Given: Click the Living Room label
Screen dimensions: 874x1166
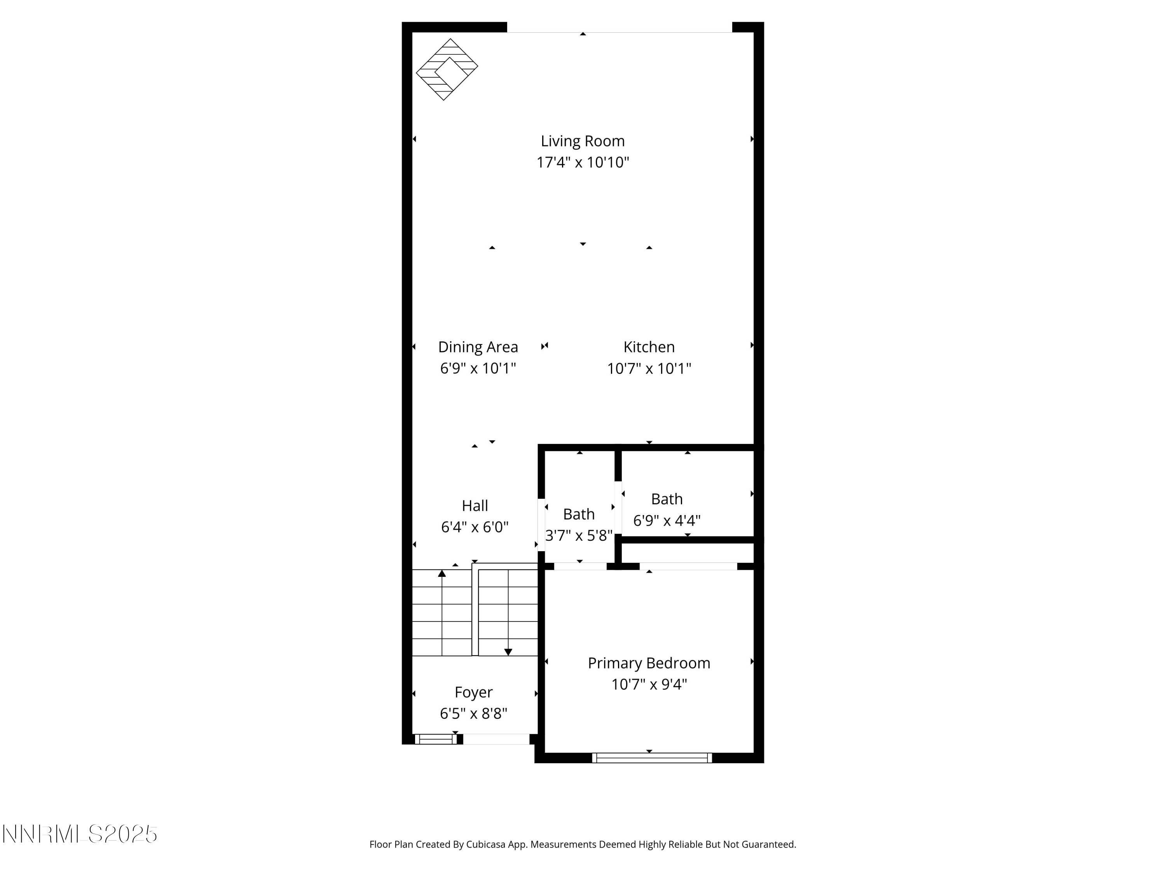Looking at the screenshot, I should [583, 141].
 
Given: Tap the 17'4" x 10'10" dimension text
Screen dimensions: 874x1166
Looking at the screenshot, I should [583, 162].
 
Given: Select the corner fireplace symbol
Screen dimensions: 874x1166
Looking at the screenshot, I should [447, 69].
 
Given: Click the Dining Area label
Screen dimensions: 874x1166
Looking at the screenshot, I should [478, 347].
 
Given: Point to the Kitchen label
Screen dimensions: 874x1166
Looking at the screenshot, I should [649, 347].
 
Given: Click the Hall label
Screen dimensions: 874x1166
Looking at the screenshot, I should [475, 506].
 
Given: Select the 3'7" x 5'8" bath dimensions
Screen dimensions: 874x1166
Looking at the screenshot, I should [579, 536].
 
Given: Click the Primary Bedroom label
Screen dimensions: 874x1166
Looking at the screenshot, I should [649, 663].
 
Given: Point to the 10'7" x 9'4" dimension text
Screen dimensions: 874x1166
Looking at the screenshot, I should [649, 684].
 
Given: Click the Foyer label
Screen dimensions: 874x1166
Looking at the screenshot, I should [473, 692].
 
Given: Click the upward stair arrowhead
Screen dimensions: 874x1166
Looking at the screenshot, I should [442, 573].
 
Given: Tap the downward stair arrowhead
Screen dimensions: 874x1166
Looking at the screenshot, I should [508, 652].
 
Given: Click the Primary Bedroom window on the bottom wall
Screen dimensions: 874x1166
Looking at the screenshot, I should [651, 758].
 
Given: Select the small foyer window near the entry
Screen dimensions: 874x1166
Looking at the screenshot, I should [435, 739].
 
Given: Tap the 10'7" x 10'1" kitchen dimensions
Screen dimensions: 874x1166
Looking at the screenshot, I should [649, 368].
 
